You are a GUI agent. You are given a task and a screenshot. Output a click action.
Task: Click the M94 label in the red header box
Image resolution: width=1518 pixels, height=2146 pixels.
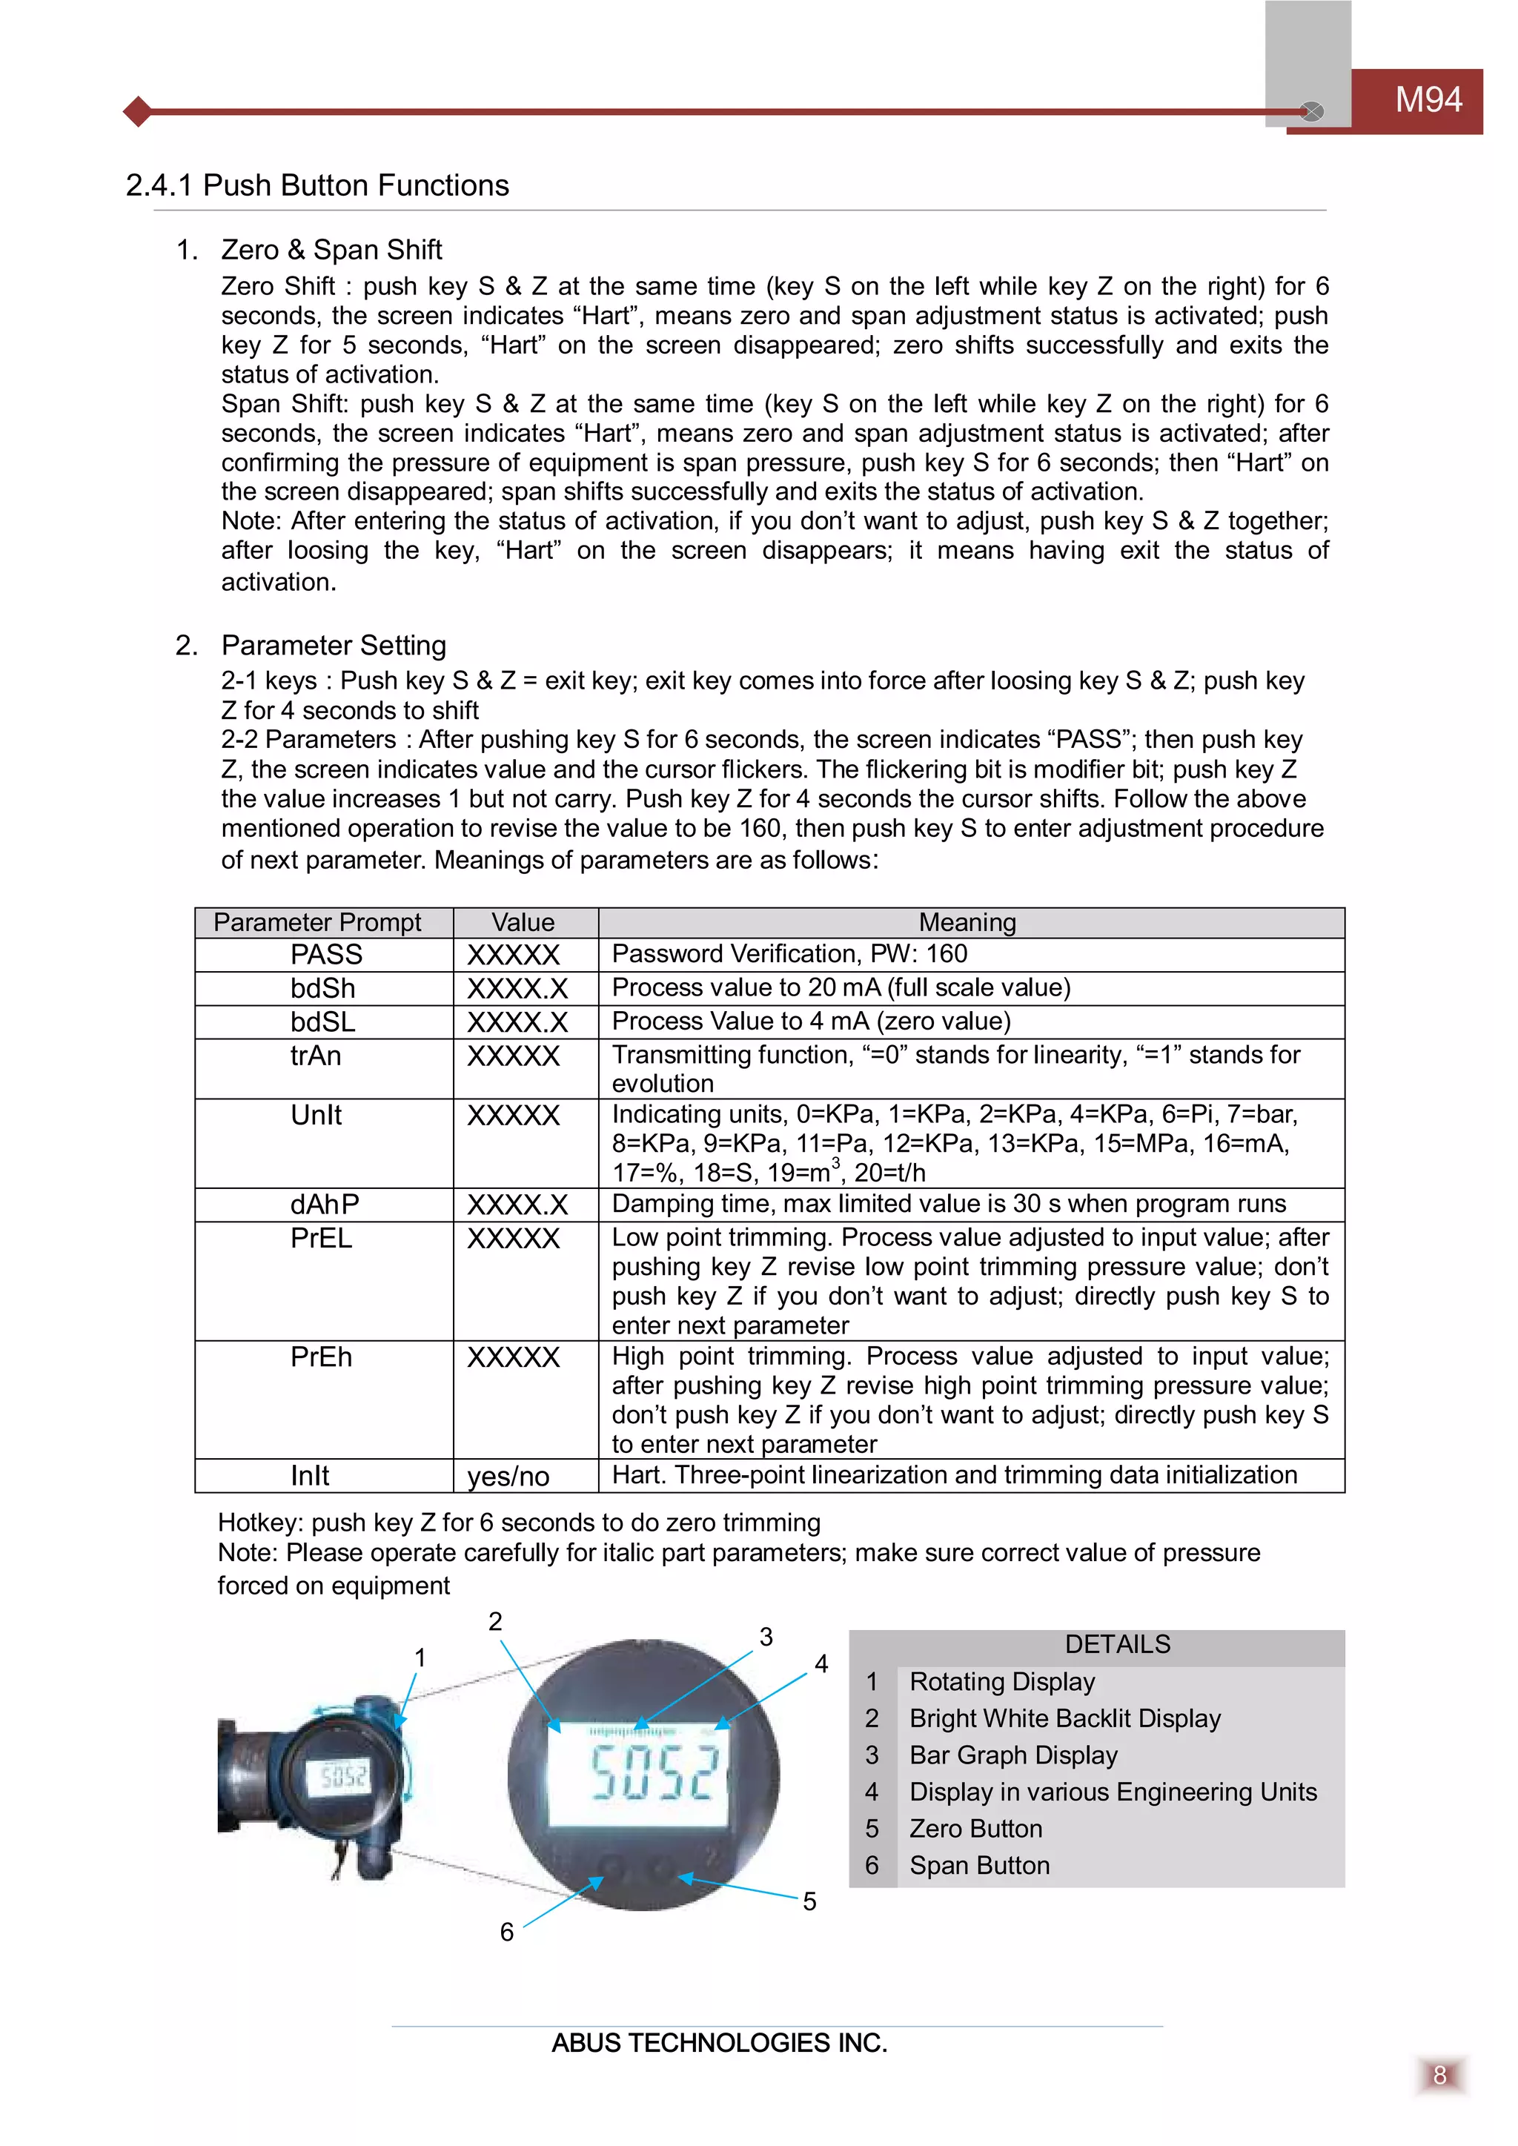[1428, 100]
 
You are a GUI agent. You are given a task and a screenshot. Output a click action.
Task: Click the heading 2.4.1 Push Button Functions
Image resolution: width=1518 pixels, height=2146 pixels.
[317, 185]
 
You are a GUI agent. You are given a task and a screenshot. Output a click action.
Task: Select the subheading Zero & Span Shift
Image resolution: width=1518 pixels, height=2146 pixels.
[331, 250]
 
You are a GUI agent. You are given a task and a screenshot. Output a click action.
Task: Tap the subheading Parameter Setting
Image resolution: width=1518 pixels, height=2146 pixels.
[333, 645]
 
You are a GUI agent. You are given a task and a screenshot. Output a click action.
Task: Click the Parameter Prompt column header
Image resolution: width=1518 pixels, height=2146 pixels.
[317, 922]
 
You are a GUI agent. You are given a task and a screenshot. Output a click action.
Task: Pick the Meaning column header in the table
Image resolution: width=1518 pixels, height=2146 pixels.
[967, 922]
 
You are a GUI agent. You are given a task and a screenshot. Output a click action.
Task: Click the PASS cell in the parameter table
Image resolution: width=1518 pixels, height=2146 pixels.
[325, 954]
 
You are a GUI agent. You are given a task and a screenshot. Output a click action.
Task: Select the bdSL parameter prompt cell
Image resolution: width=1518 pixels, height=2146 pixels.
[322, 1021]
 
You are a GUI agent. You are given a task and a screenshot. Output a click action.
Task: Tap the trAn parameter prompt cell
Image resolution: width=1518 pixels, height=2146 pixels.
[316, 1056]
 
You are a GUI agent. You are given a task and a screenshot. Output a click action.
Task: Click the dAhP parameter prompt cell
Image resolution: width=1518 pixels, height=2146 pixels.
[325, 1204]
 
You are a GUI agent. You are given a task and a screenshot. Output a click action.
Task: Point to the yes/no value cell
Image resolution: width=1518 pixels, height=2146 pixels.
[508, 1476]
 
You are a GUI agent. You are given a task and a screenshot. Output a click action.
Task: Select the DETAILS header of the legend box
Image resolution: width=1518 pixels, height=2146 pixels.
[1117, 1644]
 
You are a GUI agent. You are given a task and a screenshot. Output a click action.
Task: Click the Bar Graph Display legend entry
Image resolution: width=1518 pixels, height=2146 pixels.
[1012, 1755]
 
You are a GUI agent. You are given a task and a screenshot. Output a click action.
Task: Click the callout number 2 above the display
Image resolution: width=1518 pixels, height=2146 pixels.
[495, 1622]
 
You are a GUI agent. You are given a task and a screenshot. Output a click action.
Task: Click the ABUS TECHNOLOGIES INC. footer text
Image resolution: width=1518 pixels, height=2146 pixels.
[719, 2043]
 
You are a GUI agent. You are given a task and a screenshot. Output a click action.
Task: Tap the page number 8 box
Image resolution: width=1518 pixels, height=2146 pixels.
[1439, 2076]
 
